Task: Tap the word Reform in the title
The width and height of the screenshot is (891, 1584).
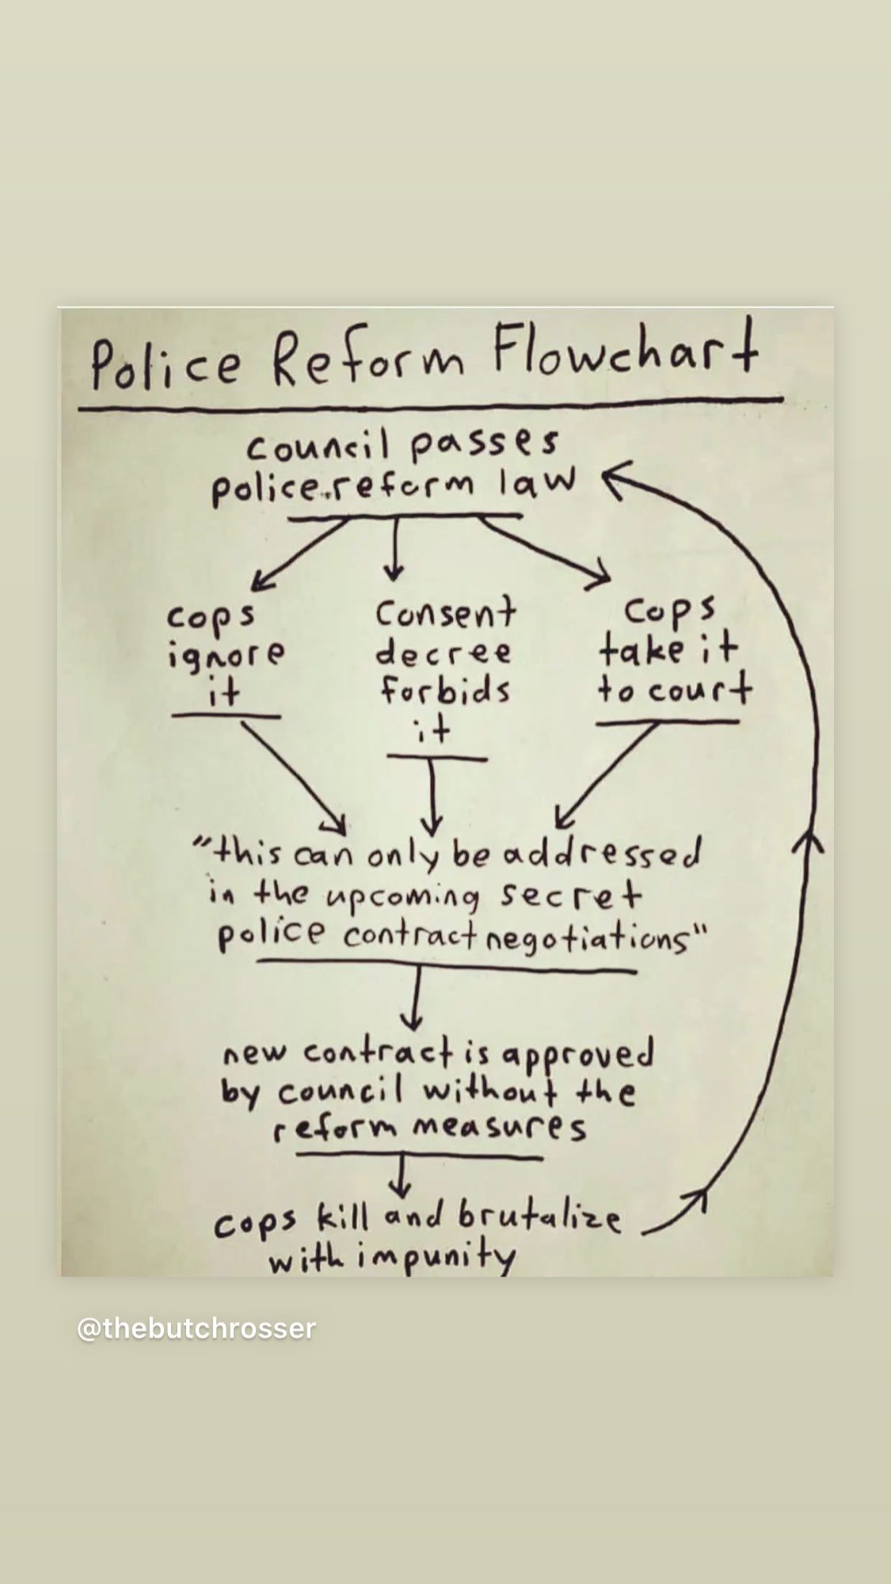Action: point(370,360)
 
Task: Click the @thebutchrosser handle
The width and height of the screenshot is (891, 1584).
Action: point(196,1328)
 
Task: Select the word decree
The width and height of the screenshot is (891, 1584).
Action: point(444,653)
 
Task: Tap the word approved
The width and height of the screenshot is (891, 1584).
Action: point(578,1056)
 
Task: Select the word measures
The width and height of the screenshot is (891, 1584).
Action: point(499,1127)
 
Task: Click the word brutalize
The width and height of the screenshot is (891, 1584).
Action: point(539,1218)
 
